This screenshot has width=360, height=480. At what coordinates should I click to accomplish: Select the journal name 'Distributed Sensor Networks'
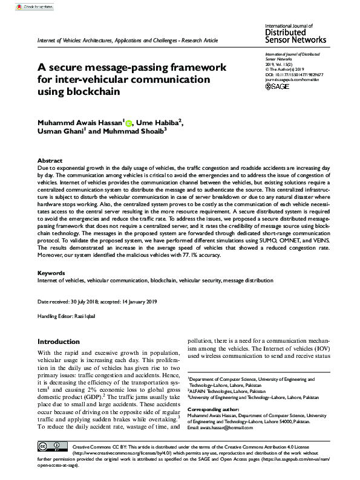296,37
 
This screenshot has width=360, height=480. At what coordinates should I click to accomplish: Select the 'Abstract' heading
49,160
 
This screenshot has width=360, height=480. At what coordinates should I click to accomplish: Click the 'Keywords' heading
51,273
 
